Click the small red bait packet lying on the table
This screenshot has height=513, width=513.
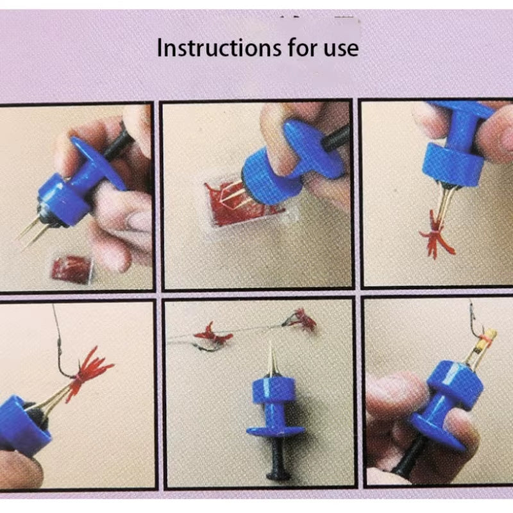(x=71, y=269)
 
